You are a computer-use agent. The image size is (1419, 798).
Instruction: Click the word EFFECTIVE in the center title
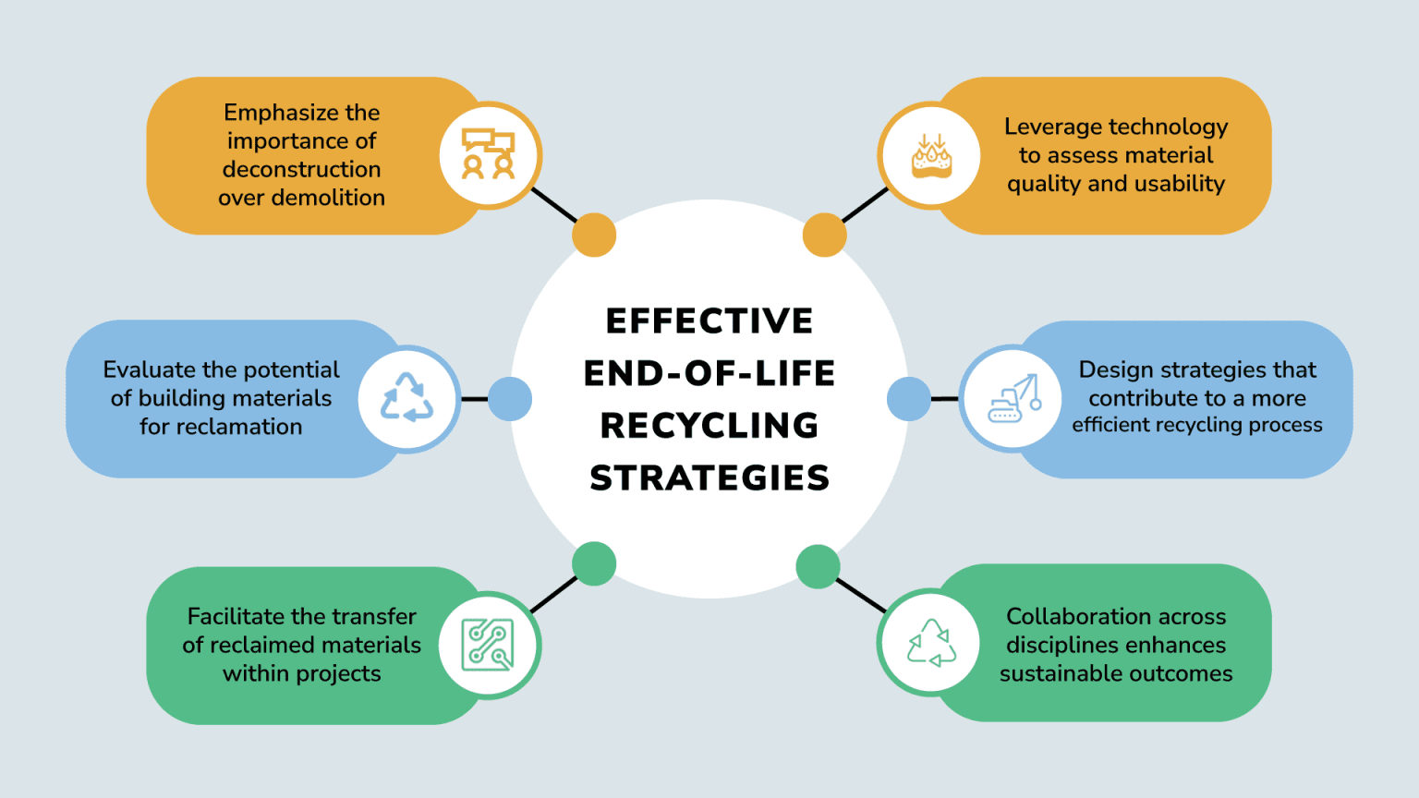coord(709,321)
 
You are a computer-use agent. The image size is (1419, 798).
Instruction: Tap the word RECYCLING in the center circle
coord(709,426)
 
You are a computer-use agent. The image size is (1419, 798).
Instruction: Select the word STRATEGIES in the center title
coord(709,478)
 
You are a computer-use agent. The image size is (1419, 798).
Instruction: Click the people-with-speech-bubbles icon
coord(489,154)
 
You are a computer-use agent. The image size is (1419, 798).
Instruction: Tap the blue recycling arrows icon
coord(407,398)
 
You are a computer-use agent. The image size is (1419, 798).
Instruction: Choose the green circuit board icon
coord(489,645)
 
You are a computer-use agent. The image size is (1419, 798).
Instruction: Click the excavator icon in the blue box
coord(1013,399)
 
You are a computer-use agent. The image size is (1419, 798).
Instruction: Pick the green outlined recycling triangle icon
coord(931,643)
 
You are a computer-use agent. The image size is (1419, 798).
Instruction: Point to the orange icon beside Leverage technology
coord(931,155)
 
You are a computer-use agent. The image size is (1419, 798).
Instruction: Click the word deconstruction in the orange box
coord(301,170)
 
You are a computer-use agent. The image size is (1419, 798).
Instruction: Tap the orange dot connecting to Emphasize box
coord(594,235)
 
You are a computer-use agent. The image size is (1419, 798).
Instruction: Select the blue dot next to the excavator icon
coord(909,399)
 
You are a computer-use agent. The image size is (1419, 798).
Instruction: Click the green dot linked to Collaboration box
coord(818,566)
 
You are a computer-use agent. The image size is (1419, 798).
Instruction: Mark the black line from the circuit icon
coord(554,595)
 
